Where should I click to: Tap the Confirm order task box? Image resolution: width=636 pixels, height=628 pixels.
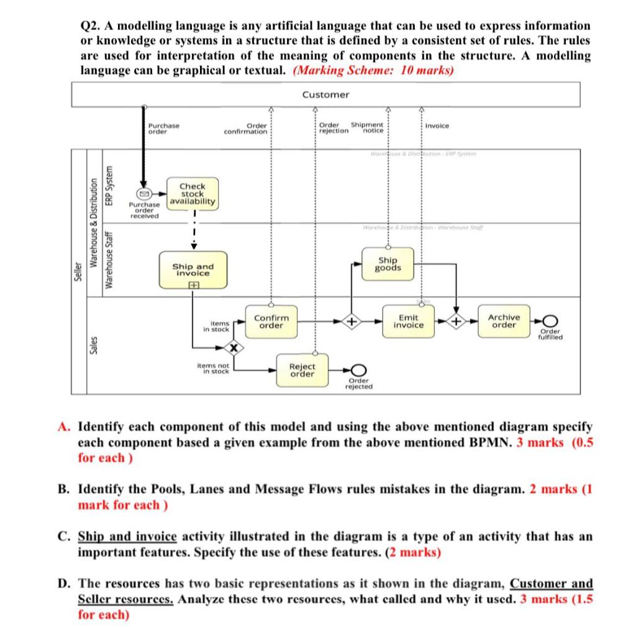(271, 321)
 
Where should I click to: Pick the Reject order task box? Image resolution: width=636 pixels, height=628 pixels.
(302, 370)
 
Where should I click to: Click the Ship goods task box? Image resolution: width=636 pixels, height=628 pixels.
(388, 264)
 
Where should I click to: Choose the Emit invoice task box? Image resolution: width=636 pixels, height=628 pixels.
(409, 321)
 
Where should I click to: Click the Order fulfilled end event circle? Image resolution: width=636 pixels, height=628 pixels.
(550, 321)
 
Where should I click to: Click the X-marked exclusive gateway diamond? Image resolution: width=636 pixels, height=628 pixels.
(233, 348)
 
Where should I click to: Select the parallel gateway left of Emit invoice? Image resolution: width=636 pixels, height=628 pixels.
(351, 321)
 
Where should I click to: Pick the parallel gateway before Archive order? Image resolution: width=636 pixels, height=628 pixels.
(457, 321)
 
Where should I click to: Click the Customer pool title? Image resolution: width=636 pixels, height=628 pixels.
(325, 94)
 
